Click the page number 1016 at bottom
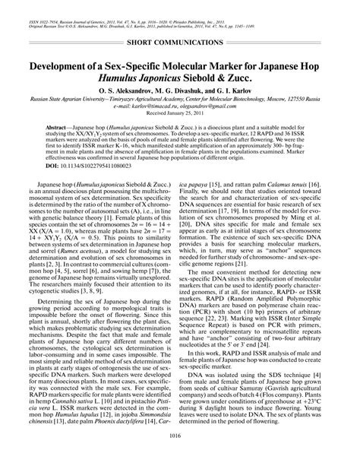tap(180, 455)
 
